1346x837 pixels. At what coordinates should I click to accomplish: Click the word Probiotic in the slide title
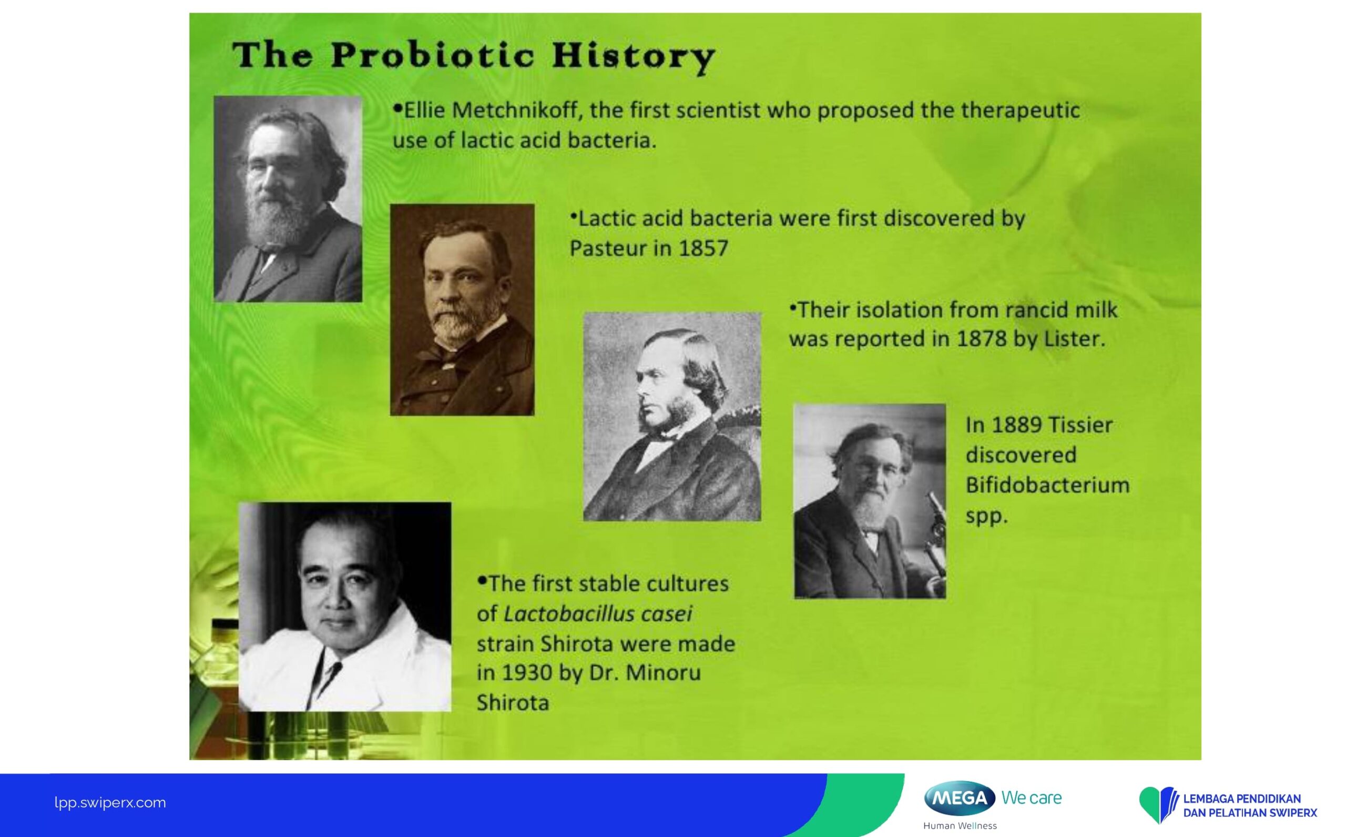click(x=433, y=55)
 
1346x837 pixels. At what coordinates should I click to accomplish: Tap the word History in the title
click(x=634, y=57)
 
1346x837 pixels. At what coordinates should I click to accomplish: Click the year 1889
click(x=1016, y=425)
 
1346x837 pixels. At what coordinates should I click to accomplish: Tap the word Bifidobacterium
click(x=1047, y=485)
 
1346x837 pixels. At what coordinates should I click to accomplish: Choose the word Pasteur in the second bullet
click(x=608, y=248)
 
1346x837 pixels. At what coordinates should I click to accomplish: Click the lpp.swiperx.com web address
click(x=110, y=803)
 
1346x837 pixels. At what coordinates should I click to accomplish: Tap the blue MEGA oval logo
click(x=960, y=798)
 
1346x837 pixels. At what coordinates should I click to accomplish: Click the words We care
click(x=1032, y=798)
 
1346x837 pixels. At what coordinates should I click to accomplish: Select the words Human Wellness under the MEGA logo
click(x=960, y=826)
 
